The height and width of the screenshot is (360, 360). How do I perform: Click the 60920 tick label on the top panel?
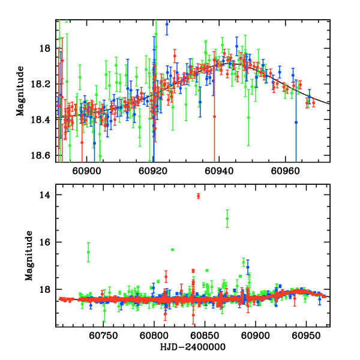(x=152, y=170)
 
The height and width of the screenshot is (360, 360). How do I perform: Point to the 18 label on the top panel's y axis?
(x=47, y=49)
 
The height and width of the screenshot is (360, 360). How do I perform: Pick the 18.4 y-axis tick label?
(x=43, y=119)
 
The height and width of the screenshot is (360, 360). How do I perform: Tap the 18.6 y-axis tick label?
(x=43, y=155)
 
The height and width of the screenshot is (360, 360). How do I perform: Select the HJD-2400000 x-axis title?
(x=193, y=347)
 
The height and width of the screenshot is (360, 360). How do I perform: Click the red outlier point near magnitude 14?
(x=198, y=196)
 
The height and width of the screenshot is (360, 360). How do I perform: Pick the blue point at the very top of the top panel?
(x=167, y=24)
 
